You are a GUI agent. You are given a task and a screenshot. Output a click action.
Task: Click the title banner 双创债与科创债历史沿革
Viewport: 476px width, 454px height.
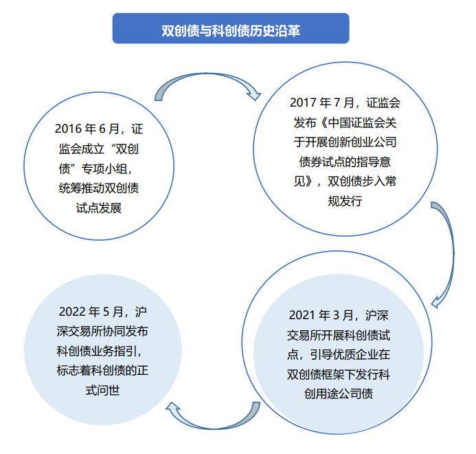pos(231,30)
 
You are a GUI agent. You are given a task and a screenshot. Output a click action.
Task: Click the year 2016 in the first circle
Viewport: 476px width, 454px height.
pos(68,129)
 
